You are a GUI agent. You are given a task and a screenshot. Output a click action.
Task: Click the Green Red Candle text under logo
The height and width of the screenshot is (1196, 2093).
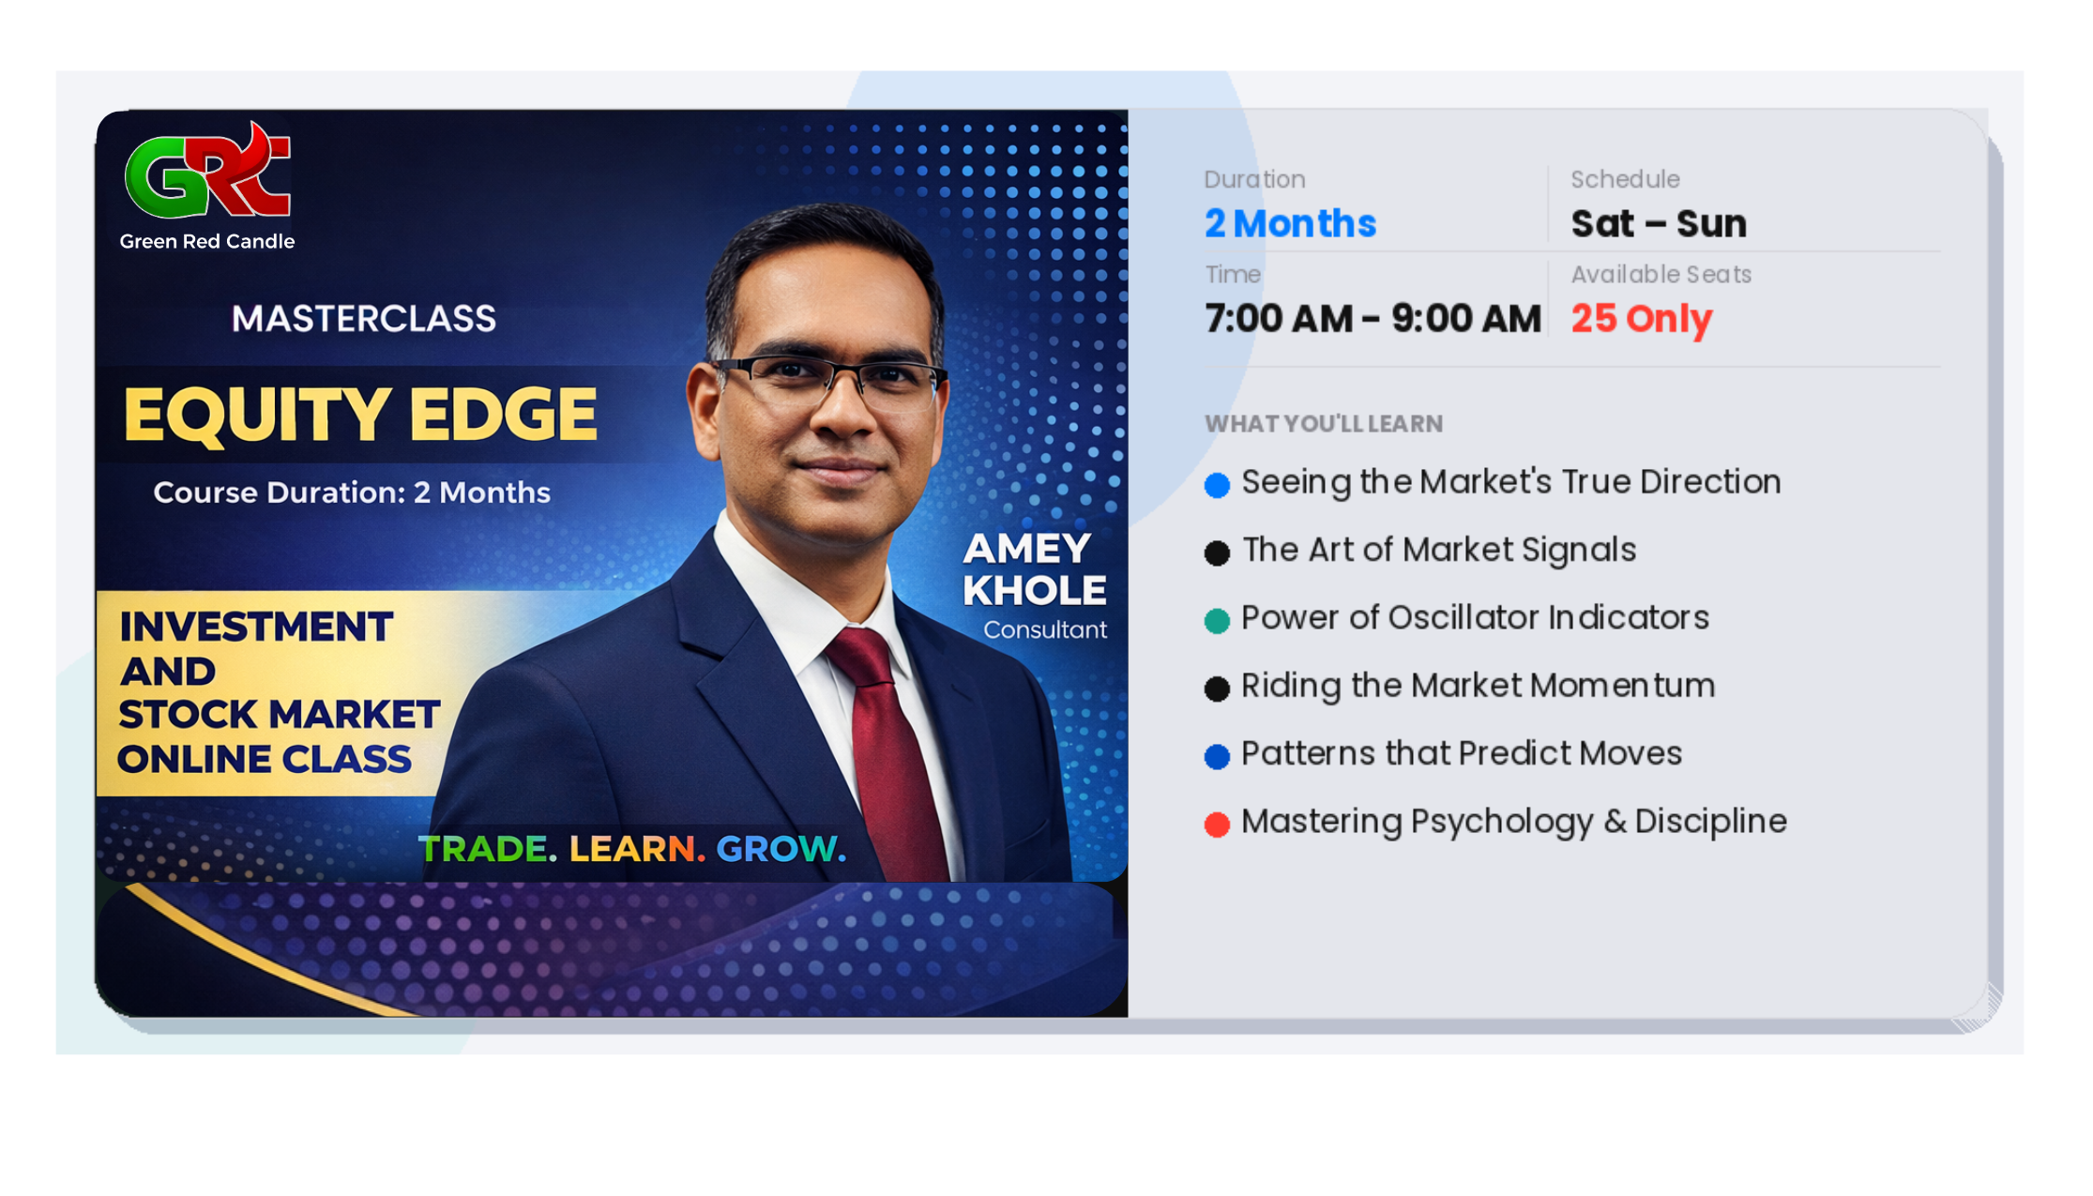click(x=207, y=242)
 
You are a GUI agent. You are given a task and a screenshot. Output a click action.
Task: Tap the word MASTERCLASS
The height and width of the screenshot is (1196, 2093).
click(x=364, y=319)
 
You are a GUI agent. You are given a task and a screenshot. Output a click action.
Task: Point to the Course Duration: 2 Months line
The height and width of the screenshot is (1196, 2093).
click(x=352, y=492)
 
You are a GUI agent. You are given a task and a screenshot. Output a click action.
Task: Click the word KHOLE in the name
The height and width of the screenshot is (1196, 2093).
click(x=1034, y=591)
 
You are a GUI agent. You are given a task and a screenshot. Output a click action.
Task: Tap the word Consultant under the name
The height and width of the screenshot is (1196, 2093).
click(x=1044, y=630)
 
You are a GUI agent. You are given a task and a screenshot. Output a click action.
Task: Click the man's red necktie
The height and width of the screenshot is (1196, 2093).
click(x=887, y=741)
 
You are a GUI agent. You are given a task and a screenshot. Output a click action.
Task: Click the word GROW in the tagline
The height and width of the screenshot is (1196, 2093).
click(x=777, y=849)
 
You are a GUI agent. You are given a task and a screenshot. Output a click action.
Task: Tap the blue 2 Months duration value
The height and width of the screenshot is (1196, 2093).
click(x=1290, y=224)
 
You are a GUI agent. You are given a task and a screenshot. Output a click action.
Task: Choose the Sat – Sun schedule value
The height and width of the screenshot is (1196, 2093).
click(x=1658, y=224)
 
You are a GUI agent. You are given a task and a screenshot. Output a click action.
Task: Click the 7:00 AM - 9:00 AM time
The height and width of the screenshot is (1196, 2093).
click(x=1373, y=319)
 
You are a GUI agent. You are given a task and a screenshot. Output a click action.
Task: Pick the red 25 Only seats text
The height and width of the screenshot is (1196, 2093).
click(x=1641, y=319)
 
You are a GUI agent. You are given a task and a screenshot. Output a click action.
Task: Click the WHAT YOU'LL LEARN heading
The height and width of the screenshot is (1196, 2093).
click(x=1323, y=424)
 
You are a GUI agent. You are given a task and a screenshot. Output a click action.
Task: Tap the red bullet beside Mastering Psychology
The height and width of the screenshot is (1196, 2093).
click(x=1217, y=825)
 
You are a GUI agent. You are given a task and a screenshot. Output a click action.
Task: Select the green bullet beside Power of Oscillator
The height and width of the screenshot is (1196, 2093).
click(x=1217, y=621)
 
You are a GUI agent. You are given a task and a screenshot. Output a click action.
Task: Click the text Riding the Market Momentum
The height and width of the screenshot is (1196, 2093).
click(x=1478, y=686)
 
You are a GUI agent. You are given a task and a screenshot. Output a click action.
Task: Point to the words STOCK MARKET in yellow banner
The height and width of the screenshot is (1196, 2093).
click(x=279, y=715)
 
